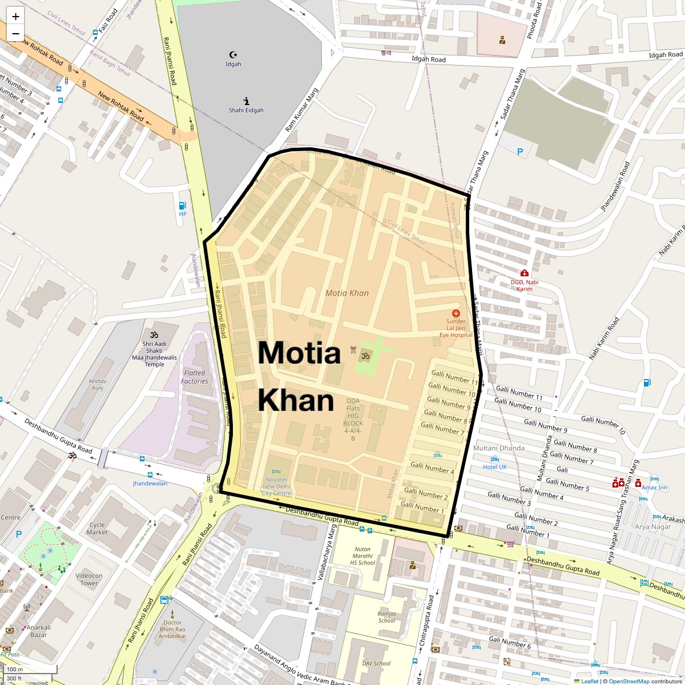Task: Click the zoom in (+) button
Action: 15,17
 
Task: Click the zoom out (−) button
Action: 15,33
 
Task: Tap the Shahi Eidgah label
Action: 246,110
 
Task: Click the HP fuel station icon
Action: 183,205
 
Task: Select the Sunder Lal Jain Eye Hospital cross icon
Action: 456,313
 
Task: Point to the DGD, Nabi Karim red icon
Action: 524,273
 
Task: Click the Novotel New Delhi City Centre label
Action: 276,486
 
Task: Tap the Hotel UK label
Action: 495,467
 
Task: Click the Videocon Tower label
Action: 89,579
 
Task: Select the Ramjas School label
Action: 386,617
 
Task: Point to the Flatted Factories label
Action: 195,377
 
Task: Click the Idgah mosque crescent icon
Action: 233,55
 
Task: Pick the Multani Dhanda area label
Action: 499,448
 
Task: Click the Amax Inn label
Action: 654,487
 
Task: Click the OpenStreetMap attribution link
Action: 628,681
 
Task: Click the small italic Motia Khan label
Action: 347,293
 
